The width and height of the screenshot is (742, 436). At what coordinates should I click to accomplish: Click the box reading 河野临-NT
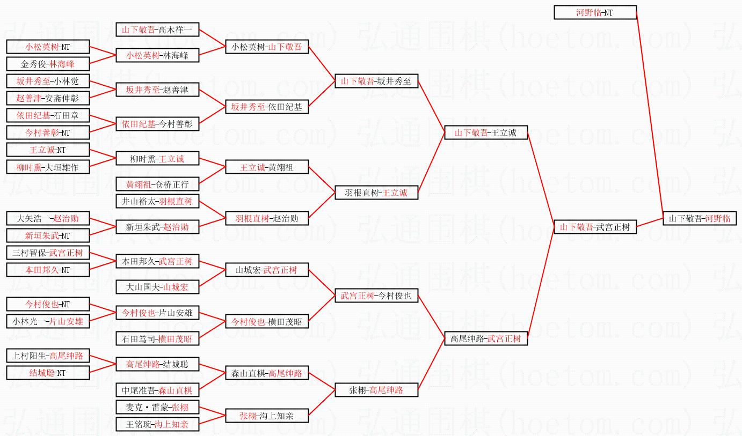coord(595,12)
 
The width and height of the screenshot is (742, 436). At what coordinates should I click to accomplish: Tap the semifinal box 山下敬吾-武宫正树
coord(595,227)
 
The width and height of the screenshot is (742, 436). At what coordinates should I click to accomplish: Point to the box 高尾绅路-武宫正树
coord(486,338)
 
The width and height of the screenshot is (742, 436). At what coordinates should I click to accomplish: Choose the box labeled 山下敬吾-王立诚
coord(486,132)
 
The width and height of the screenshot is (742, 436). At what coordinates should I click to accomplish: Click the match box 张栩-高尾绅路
coord(376,390)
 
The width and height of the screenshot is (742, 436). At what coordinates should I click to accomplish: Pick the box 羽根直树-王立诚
coord(376,193)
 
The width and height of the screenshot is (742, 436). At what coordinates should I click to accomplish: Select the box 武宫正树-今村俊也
coord(376,295)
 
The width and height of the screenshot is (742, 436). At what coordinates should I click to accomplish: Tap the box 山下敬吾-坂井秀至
coord(376,81)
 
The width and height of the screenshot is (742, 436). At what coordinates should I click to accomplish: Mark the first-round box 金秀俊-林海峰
coord(48,64)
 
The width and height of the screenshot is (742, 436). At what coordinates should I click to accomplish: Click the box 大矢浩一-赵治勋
coord(48,218)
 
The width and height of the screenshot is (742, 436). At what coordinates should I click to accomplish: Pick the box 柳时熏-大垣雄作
coord(48,167)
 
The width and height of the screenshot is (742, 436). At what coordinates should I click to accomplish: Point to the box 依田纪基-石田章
coord(48,115)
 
